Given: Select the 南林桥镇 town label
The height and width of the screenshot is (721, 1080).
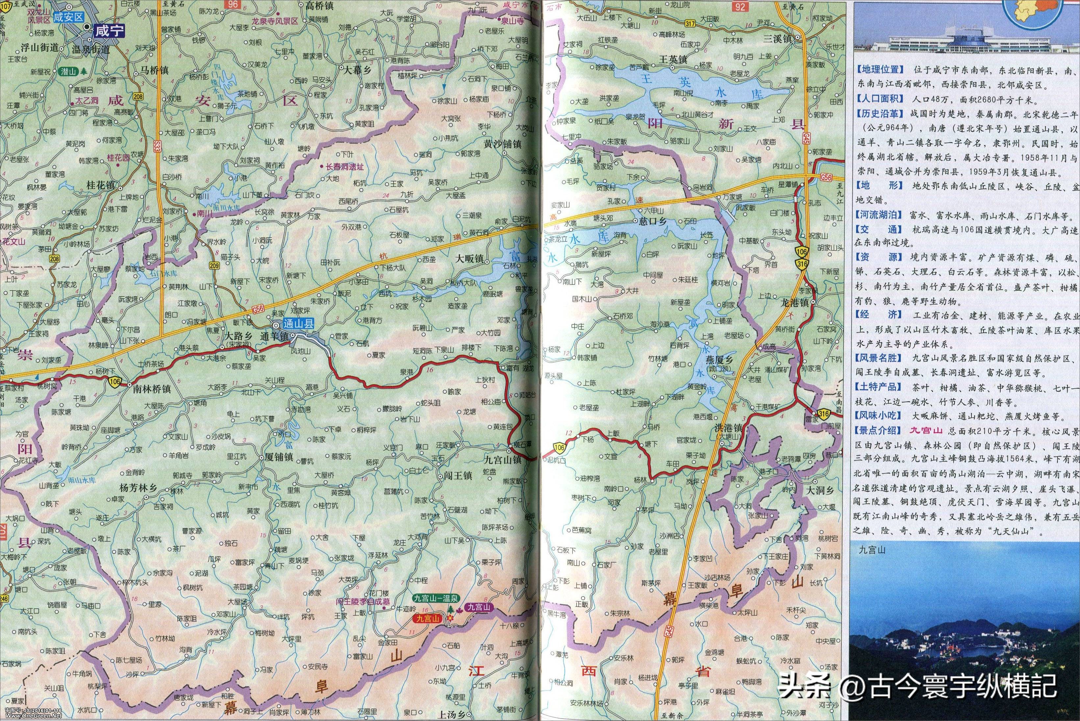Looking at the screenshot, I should (x=152, y=389).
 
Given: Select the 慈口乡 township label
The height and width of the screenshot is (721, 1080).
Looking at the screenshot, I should (x=653, y=221).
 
